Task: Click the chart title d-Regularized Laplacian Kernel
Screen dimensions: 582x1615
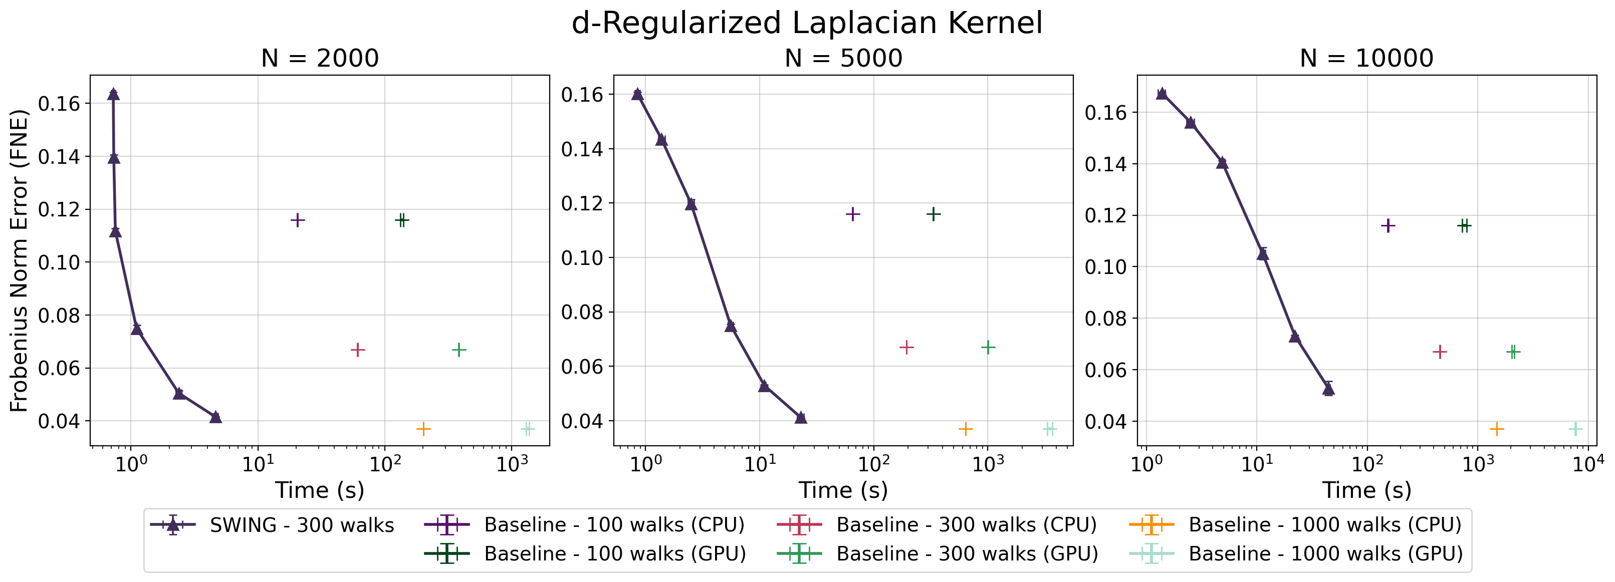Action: pos(807,23)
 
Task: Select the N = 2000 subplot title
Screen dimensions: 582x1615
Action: pos(320,58)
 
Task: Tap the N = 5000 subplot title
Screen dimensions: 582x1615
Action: pos(843,58)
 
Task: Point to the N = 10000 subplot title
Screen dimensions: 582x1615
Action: pos(1367,58)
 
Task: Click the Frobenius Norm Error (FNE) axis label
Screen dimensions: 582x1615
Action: pos(19,260)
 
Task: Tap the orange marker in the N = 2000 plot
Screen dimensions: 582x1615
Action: pos(423,429)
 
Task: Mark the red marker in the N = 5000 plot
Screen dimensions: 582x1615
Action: pos(906,347)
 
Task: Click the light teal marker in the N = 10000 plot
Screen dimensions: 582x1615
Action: pos(1575,429)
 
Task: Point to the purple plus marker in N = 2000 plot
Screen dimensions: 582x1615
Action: pos(298,220)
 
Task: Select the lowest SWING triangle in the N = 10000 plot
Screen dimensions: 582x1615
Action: pos(1328,389)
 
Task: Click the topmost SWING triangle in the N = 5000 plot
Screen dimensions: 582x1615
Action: pos(637,94)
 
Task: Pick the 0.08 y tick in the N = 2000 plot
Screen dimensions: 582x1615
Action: pos(60,315)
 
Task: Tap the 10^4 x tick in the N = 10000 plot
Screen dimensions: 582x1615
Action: pos(1588,464)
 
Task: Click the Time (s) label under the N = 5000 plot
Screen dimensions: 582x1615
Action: pos(843,490)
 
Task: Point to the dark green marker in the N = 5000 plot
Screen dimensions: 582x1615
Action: pos(934,214)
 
